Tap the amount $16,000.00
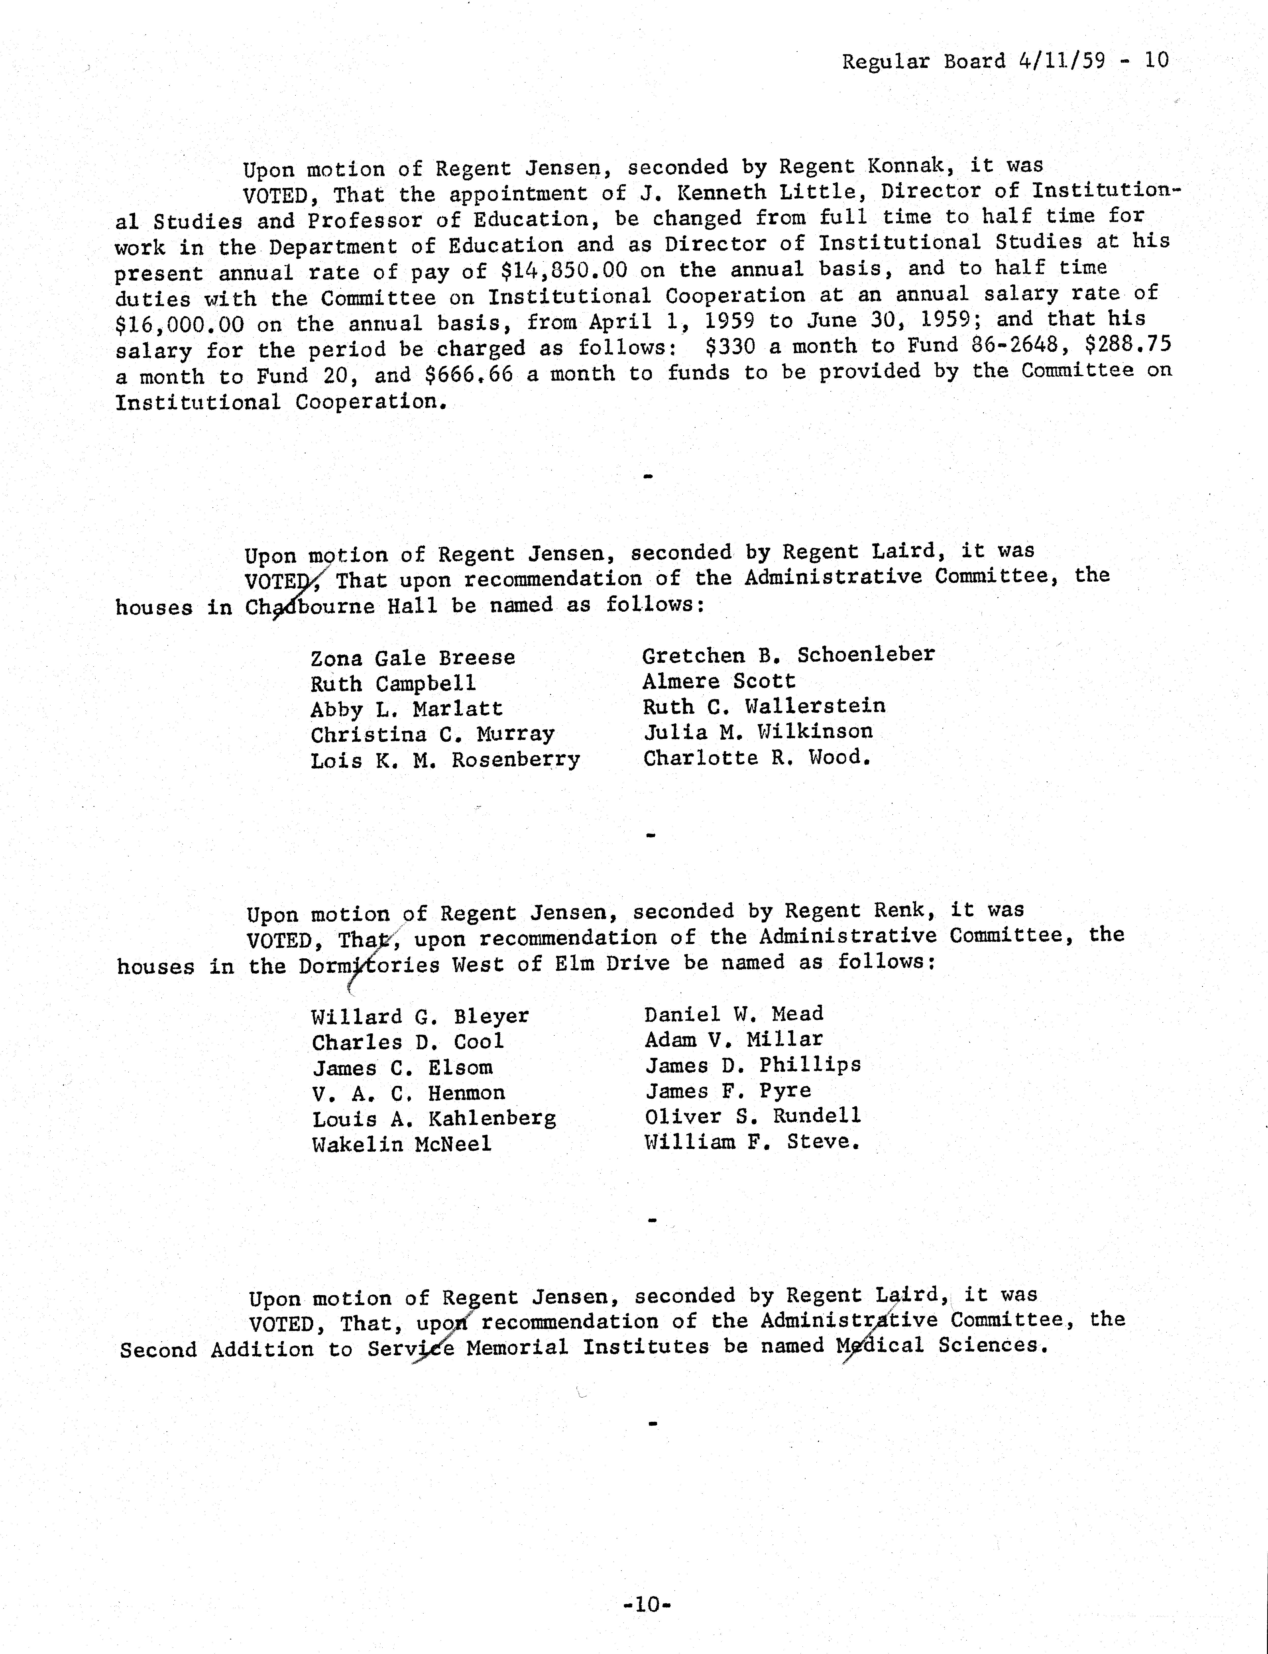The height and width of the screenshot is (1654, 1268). tap(180, 325)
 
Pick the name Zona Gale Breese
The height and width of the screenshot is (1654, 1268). tap(413, 658)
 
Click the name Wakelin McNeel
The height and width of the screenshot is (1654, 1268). tap(401, 1144)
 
